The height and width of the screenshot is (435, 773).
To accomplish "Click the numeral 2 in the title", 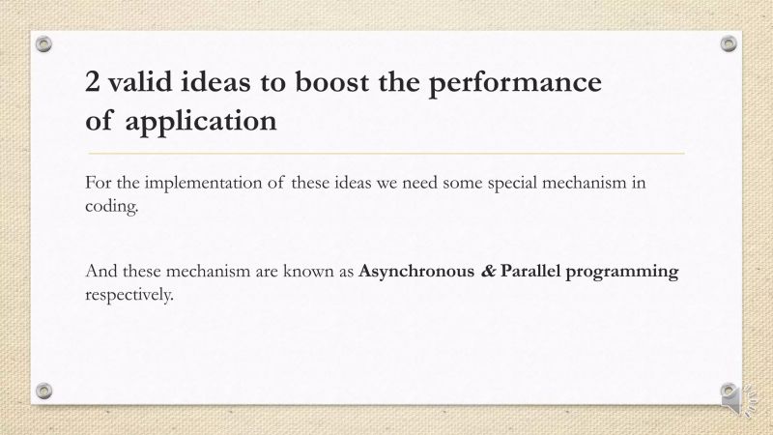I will [95, 83].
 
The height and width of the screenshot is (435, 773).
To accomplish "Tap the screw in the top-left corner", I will [43, 43].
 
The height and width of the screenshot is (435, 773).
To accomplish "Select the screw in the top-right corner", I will [729, 43].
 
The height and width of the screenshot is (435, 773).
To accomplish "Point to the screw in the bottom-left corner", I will [43, 391].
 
